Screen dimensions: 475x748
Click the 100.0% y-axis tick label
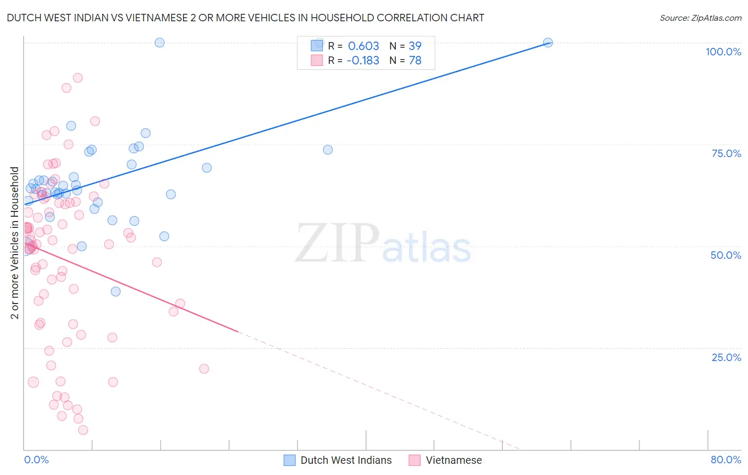click(x=723, y=52)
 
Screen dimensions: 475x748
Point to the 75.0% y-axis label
click(x=726, y=153)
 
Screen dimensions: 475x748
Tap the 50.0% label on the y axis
click(x=726, y=255)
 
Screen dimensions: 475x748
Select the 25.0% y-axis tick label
click(x=726, y=357)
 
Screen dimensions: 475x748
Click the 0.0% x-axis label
click(x=36, y=460)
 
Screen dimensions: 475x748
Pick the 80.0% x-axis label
click(x=726, y=460)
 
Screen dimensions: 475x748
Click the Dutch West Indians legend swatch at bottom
click(x=289, y=460)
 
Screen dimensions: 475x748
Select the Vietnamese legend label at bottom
click(x=453, y=460)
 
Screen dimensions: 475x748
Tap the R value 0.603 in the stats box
click(x=363, y=46)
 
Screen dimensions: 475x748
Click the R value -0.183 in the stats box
click(x=363, y=61)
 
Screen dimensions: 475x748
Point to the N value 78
click(x=415, y=61)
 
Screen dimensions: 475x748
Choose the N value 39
click(x=415, y=46)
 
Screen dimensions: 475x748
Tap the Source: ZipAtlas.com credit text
click(x=700, y=18)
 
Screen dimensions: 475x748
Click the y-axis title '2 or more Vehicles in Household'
click(x=15, y=243)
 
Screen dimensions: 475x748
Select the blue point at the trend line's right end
click(x=547, y=43)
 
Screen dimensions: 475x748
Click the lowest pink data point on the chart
click(x=83, y=430)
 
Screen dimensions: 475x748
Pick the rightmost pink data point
click(x=204, y=368)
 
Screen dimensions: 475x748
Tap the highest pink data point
click(x=78, y=78)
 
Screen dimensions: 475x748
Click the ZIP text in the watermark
click(x=337, y=243)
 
